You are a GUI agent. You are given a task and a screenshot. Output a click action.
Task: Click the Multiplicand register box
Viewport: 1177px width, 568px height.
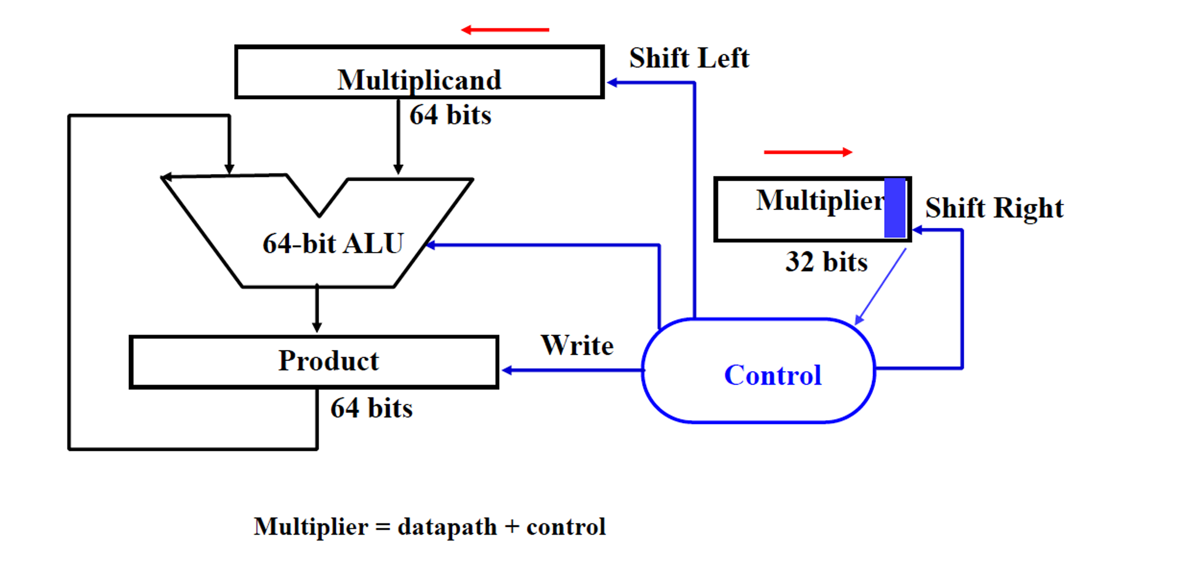pos(419,72)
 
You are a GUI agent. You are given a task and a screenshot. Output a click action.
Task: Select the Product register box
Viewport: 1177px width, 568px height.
pos(314,362)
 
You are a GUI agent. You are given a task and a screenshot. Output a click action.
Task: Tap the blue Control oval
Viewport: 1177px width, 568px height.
pos(758,370)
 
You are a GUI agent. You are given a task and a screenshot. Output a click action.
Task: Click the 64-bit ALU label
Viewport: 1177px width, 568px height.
pos(333,244)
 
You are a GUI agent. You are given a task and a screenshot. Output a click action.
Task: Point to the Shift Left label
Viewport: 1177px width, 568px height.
pos(689,58)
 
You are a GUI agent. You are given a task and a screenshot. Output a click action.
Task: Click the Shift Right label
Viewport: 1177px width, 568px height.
pos(994,208)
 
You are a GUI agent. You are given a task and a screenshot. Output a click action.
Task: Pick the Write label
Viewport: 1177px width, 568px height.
pos(577,345)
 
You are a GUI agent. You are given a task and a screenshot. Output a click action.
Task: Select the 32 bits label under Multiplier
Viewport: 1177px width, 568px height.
pos(826,262)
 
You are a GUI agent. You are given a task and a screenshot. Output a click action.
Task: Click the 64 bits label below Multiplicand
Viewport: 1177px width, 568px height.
pos(450,115)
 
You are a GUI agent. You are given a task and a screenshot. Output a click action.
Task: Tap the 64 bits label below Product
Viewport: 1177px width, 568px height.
pos(371,408)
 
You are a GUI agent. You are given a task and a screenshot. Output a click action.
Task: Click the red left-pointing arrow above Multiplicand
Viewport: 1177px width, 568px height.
pos(504,29)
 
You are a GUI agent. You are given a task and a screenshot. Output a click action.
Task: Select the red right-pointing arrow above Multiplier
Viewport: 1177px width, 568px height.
pos(808,152)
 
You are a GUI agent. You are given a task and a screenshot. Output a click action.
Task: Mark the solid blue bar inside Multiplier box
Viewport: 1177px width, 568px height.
pos(895,208)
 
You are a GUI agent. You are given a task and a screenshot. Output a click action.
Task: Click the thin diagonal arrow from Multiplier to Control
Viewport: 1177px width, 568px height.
pos(881,286)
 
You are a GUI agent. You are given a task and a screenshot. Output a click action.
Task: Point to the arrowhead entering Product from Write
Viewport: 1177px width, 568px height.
pos(507,370)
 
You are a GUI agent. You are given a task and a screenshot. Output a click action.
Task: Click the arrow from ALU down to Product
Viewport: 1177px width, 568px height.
pos(317,309)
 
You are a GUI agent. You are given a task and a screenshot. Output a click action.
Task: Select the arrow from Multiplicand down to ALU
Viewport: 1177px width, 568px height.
pos(398,138)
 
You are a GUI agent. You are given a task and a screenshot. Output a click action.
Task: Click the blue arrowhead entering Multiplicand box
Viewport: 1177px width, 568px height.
pos(612,83)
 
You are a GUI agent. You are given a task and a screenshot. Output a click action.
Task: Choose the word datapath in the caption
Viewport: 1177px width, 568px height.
pos(447,527)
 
